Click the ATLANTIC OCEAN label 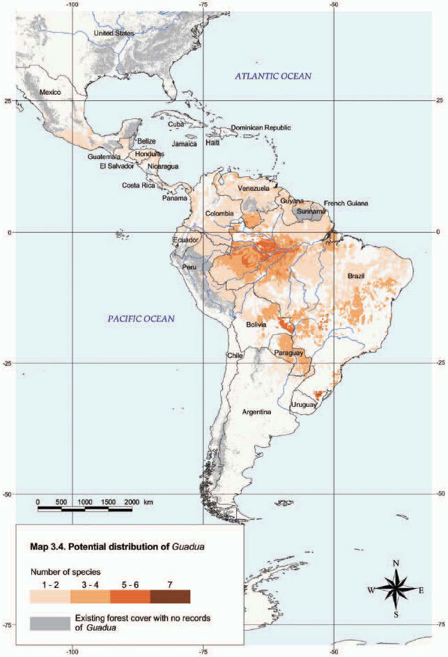coord(272,76)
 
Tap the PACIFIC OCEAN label coord(141,318)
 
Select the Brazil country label coord(356,277)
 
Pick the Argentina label coord(256,412)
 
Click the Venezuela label coord(254,189)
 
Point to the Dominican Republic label coord(261,128)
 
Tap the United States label coord(113,33)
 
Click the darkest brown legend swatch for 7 coord(170,596)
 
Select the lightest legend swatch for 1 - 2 coord(49,596)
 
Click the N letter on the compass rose coord(396,563)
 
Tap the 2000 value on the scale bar coord(130,502)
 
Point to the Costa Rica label coord(139,185)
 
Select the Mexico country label coord(51,93)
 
